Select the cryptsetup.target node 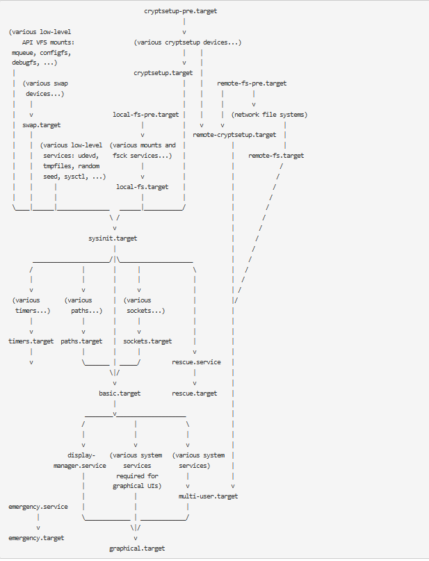click(x=163, y=72)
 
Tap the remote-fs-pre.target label click(x=252, y=83)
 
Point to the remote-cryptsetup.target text click(x=234, y=135)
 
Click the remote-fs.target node click(x=276, y=156)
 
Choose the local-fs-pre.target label click(x=145, y=114)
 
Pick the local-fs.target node click(x=142, y=187)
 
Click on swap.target click(x=36, y=124)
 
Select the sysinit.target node click(x=113, y=238)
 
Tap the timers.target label click(x=31, y=341)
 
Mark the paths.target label click(x=81, y=341)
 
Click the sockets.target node click(x=147, y=341)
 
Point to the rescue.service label click(x=196, y=362)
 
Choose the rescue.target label click(x=194, y=393)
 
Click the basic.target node click(x=120, y=393)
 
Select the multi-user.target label click(x=208, y=496)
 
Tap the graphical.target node click(x=137, y=548)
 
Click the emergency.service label click(x=38, y=507)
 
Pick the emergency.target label click(x=36, y=538)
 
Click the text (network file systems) click(x=269, y=114)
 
